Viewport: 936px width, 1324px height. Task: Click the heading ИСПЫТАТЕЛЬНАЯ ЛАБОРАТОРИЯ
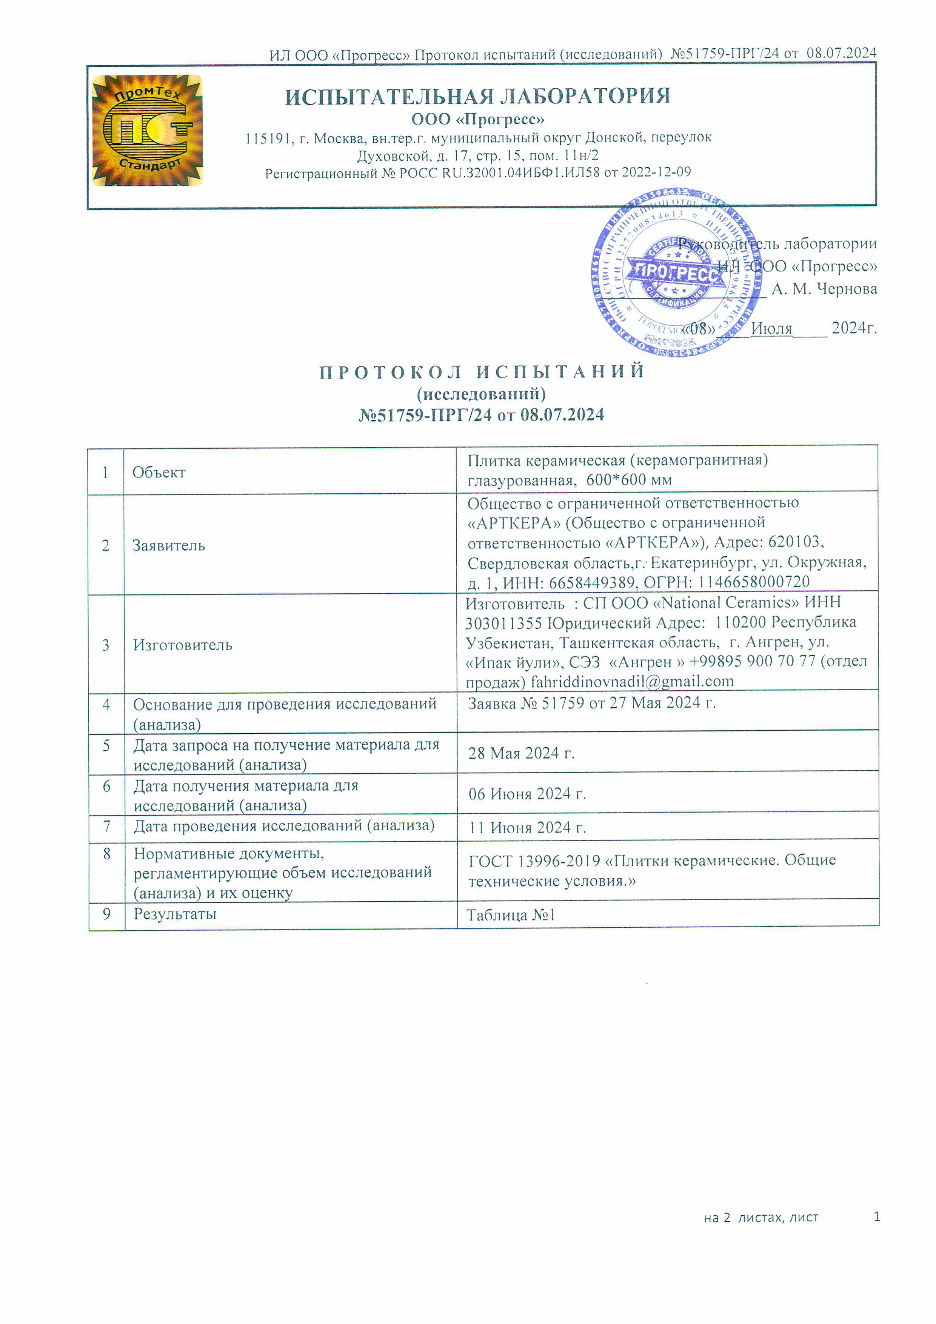point(477,96)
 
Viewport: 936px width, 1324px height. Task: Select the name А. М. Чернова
point(824,289)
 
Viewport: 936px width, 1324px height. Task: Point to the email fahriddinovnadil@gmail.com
point(632,682)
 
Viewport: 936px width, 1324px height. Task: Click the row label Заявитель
point(168,545)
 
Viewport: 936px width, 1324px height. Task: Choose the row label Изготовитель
point(182,645)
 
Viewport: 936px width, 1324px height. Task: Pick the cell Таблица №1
point(510,915)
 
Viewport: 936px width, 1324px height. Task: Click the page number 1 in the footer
point(877,1217)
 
